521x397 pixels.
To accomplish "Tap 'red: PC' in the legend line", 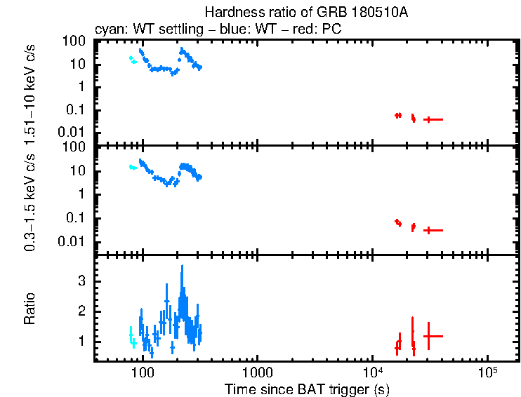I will tap(319, 30).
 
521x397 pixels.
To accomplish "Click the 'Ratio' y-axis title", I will tap(29, 309).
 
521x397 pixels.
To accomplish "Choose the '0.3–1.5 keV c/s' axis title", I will tap(29, 203).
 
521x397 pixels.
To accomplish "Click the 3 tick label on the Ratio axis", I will tap(81, 281).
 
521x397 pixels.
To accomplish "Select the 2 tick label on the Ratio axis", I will tap(81, 311).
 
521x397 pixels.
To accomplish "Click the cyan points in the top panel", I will tap(131, 60).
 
